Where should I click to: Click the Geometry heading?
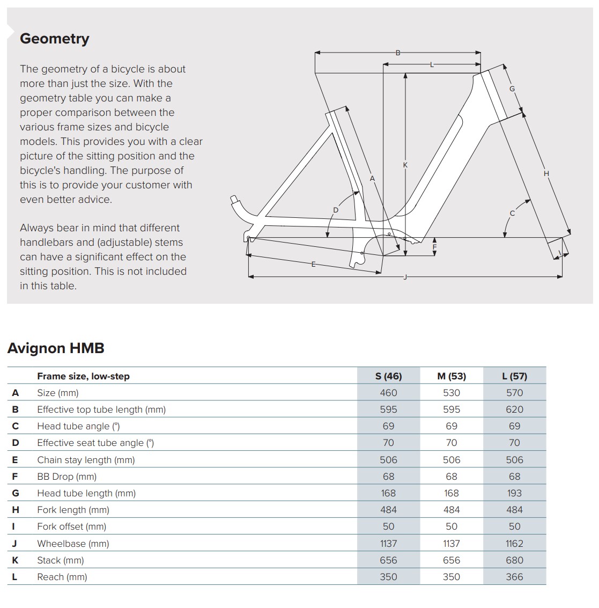(x=54, y=39)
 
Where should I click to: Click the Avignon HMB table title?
(x=56, y=348)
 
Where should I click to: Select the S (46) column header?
(x=388, y=376)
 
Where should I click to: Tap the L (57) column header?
(x=514, y=376)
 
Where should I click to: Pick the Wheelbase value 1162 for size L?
(x=514, y=544)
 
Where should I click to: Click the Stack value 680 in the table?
(x=514, y=560)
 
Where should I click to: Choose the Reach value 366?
(x=514, y=577)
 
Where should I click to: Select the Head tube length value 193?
(x=514, y=493)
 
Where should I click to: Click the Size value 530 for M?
(x=452, y=393)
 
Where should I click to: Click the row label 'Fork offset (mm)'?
(x=71, y=526)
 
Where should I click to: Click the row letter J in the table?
(x=14, y=544)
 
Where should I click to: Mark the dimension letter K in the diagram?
(x=405, y=165)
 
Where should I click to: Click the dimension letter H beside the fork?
(x=546, y=173)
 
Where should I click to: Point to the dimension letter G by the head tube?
(x=512, y=89)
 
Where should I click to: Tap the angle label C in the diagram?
(x=512, y=214)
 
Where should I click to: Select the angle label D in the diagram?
(x=336, y=210)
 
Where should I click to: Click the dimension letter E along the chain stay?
(x=314, y=263)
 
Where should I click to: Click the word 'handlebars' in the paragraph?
(x=44, y=243)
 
